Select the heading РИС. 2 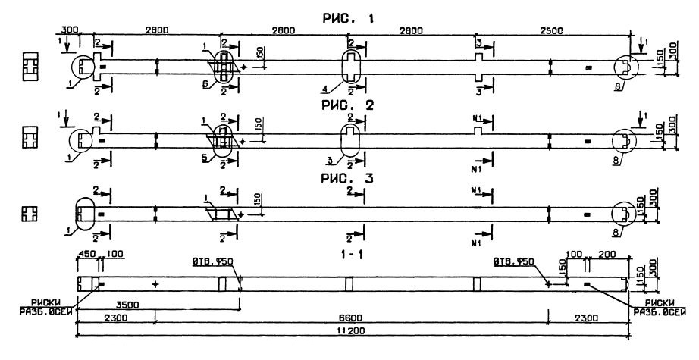349,105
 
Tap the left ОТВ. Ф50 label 212,262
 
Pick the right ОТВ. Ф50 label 513,262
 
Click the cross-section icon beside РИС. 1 30,66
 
